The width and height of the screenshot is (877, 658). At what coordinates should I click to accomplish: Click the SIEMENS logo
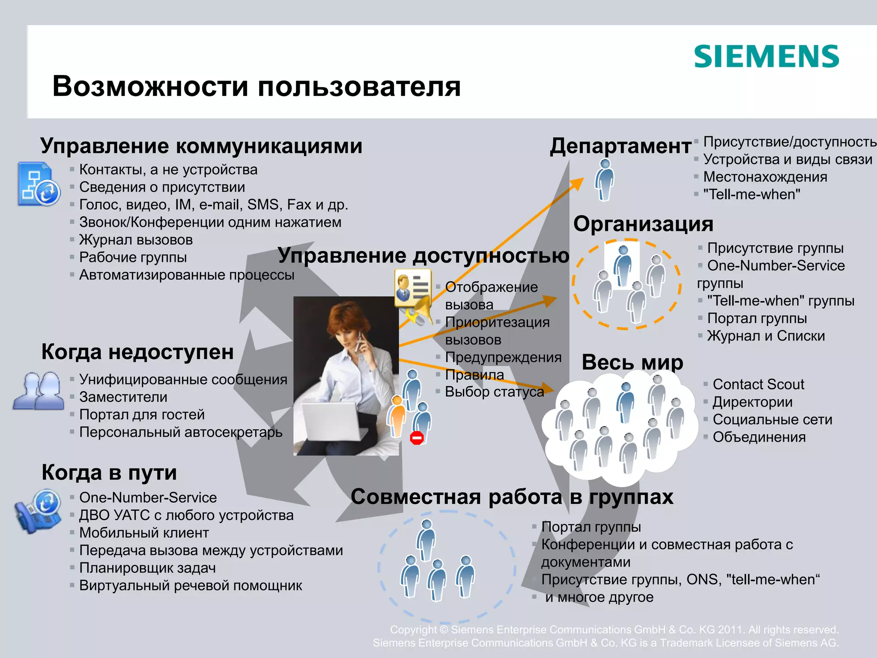(766, 57)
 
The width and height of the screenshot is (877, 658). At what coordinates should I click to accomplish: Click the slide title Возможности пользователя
(257, 86)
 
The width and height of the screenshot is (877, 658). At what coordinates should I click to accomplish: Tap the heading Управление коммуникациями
(201, 146)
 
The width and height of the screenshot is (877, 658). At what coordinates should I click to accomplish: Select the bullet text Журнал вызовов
(136, 240)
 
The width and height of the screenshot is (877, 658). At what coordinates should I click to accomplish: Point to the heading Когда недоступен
(137, 352)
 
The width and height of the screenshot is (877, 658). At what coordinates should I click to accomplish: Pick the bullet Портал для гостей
(142, 415)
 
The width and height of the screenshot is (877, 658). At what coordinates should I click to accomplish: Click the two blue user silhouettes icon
(39, 391)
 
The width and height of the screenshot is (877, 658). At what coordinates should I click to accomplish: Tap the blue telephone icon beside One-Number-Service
(38, 511)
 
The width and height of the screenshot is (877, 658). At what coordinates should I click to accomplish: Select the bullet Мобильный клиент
(144, 533)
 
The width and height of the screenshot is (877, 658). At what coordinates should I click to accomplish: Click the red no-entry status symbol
(417, 438)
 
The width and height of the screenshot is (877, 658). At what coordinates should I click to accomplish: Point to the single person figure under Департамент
(605, 180)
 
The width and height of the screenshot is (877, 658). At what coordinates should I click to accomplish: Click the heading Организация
(643, 224)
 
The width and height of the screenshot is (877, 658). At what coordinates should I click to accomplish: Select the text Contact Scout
(758, 384)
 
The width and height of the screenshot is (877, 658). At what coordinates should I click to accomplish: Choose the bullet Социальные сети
(773, 419)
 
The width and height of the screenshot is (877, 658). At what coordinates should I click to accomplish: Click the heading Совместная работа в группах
(512, 497)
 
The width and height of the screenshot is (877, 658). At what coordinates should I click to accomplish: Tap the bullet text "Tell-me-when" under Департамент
(752, 194)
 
